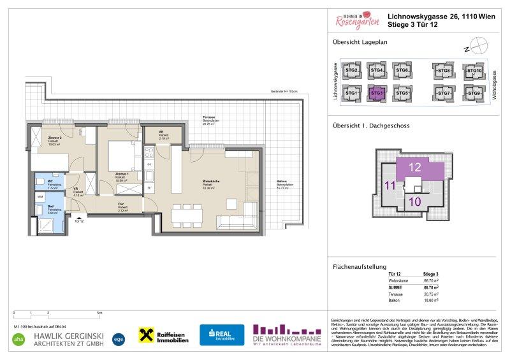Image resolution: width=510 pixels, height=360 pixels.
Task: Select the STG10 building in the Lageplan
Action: pos(473,71)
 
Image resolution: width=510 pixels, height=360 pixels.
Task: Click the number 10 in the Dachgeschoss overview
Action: pos(414,202)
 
